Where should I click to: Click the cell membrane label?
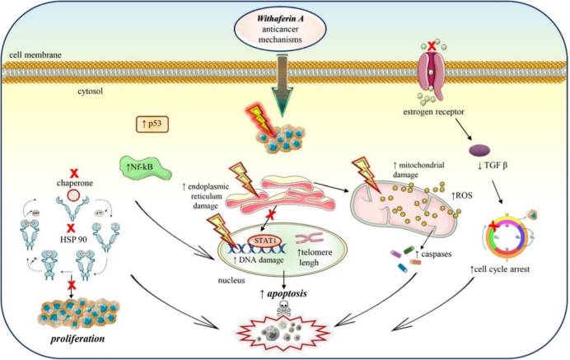pyautogui.click(x=36, y=55)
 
